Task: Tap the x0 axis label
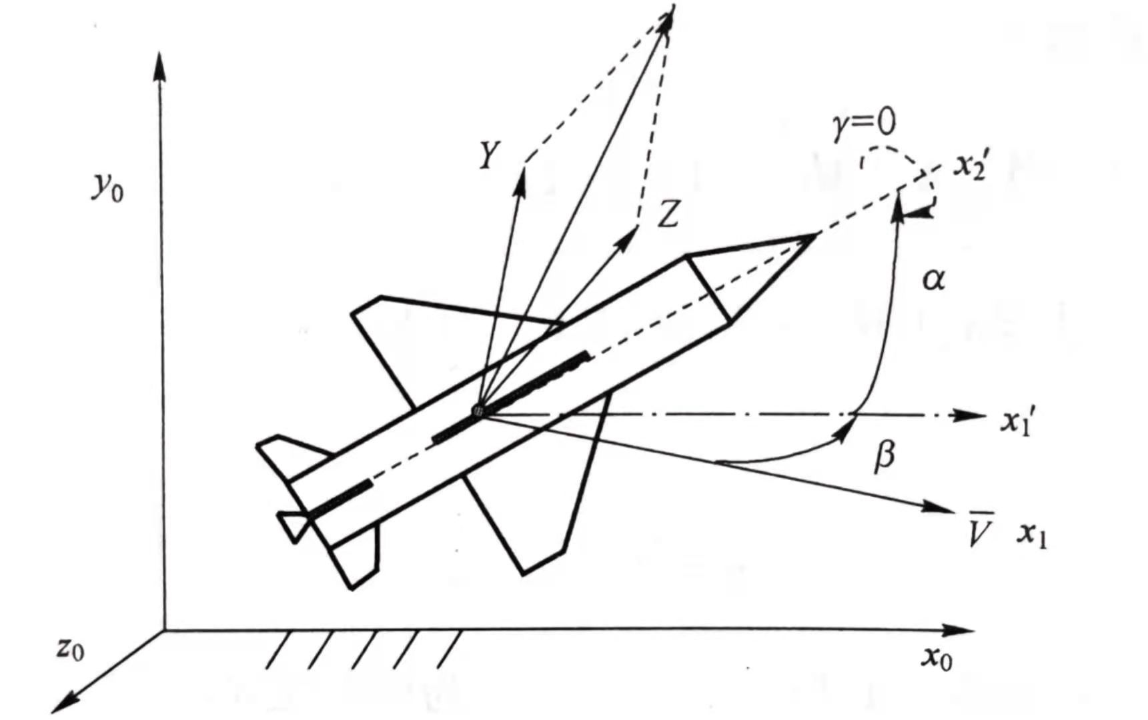coord(937,657)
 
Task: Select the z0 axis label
coord(70,648)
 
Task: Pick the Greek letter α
coord(933,279)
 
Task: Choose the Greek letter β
coord(885,456)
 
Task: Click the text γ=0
coord(864,124)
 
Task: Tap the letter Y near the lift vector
coord(489,155)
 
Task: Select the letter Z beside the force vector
coord(668,215)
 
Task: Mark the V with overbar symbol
coord(979,529)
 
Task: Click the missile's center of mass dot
coord(478,411)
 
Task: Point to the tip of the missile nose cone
coord(815,235)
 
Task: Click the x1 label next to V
coord(1031,535)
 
